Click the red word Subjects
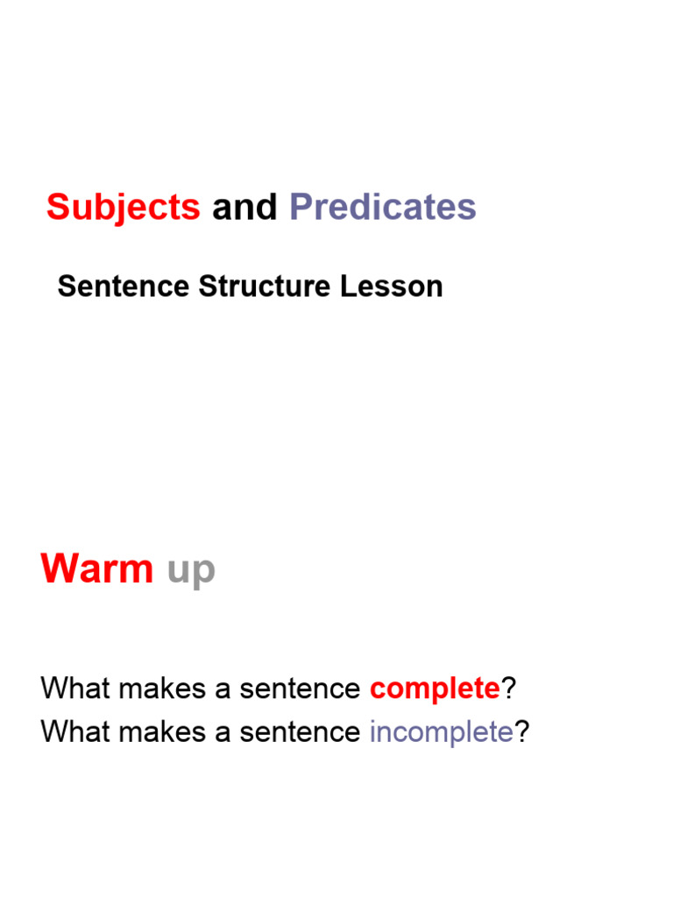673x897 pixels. pyautogui.click(x=123, y=208)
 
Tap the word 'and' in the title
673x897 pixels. pyautogui.click(x=244, y=208)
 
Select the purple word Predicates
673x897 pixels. pyautogui.click(x=382, y=208)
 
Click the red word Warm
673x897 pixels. pyautogui.click(x=96, y=570)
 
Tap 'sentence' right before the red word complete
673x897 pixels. pyautogui.click(x=300, y=689)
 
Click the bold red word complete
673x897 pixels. pyautogui.click(x=435, y=689)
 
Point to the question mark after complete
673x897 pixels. pyautogui.click(x=507, y=689)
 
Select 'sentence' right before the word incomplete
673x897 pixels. pyautogui.click(x=300, y=732)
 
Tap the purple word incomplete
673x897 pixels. pyautogui.click(x=441, y=732)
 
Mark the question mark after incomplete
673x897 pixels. pyautogui.click(x=522, y=731)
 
